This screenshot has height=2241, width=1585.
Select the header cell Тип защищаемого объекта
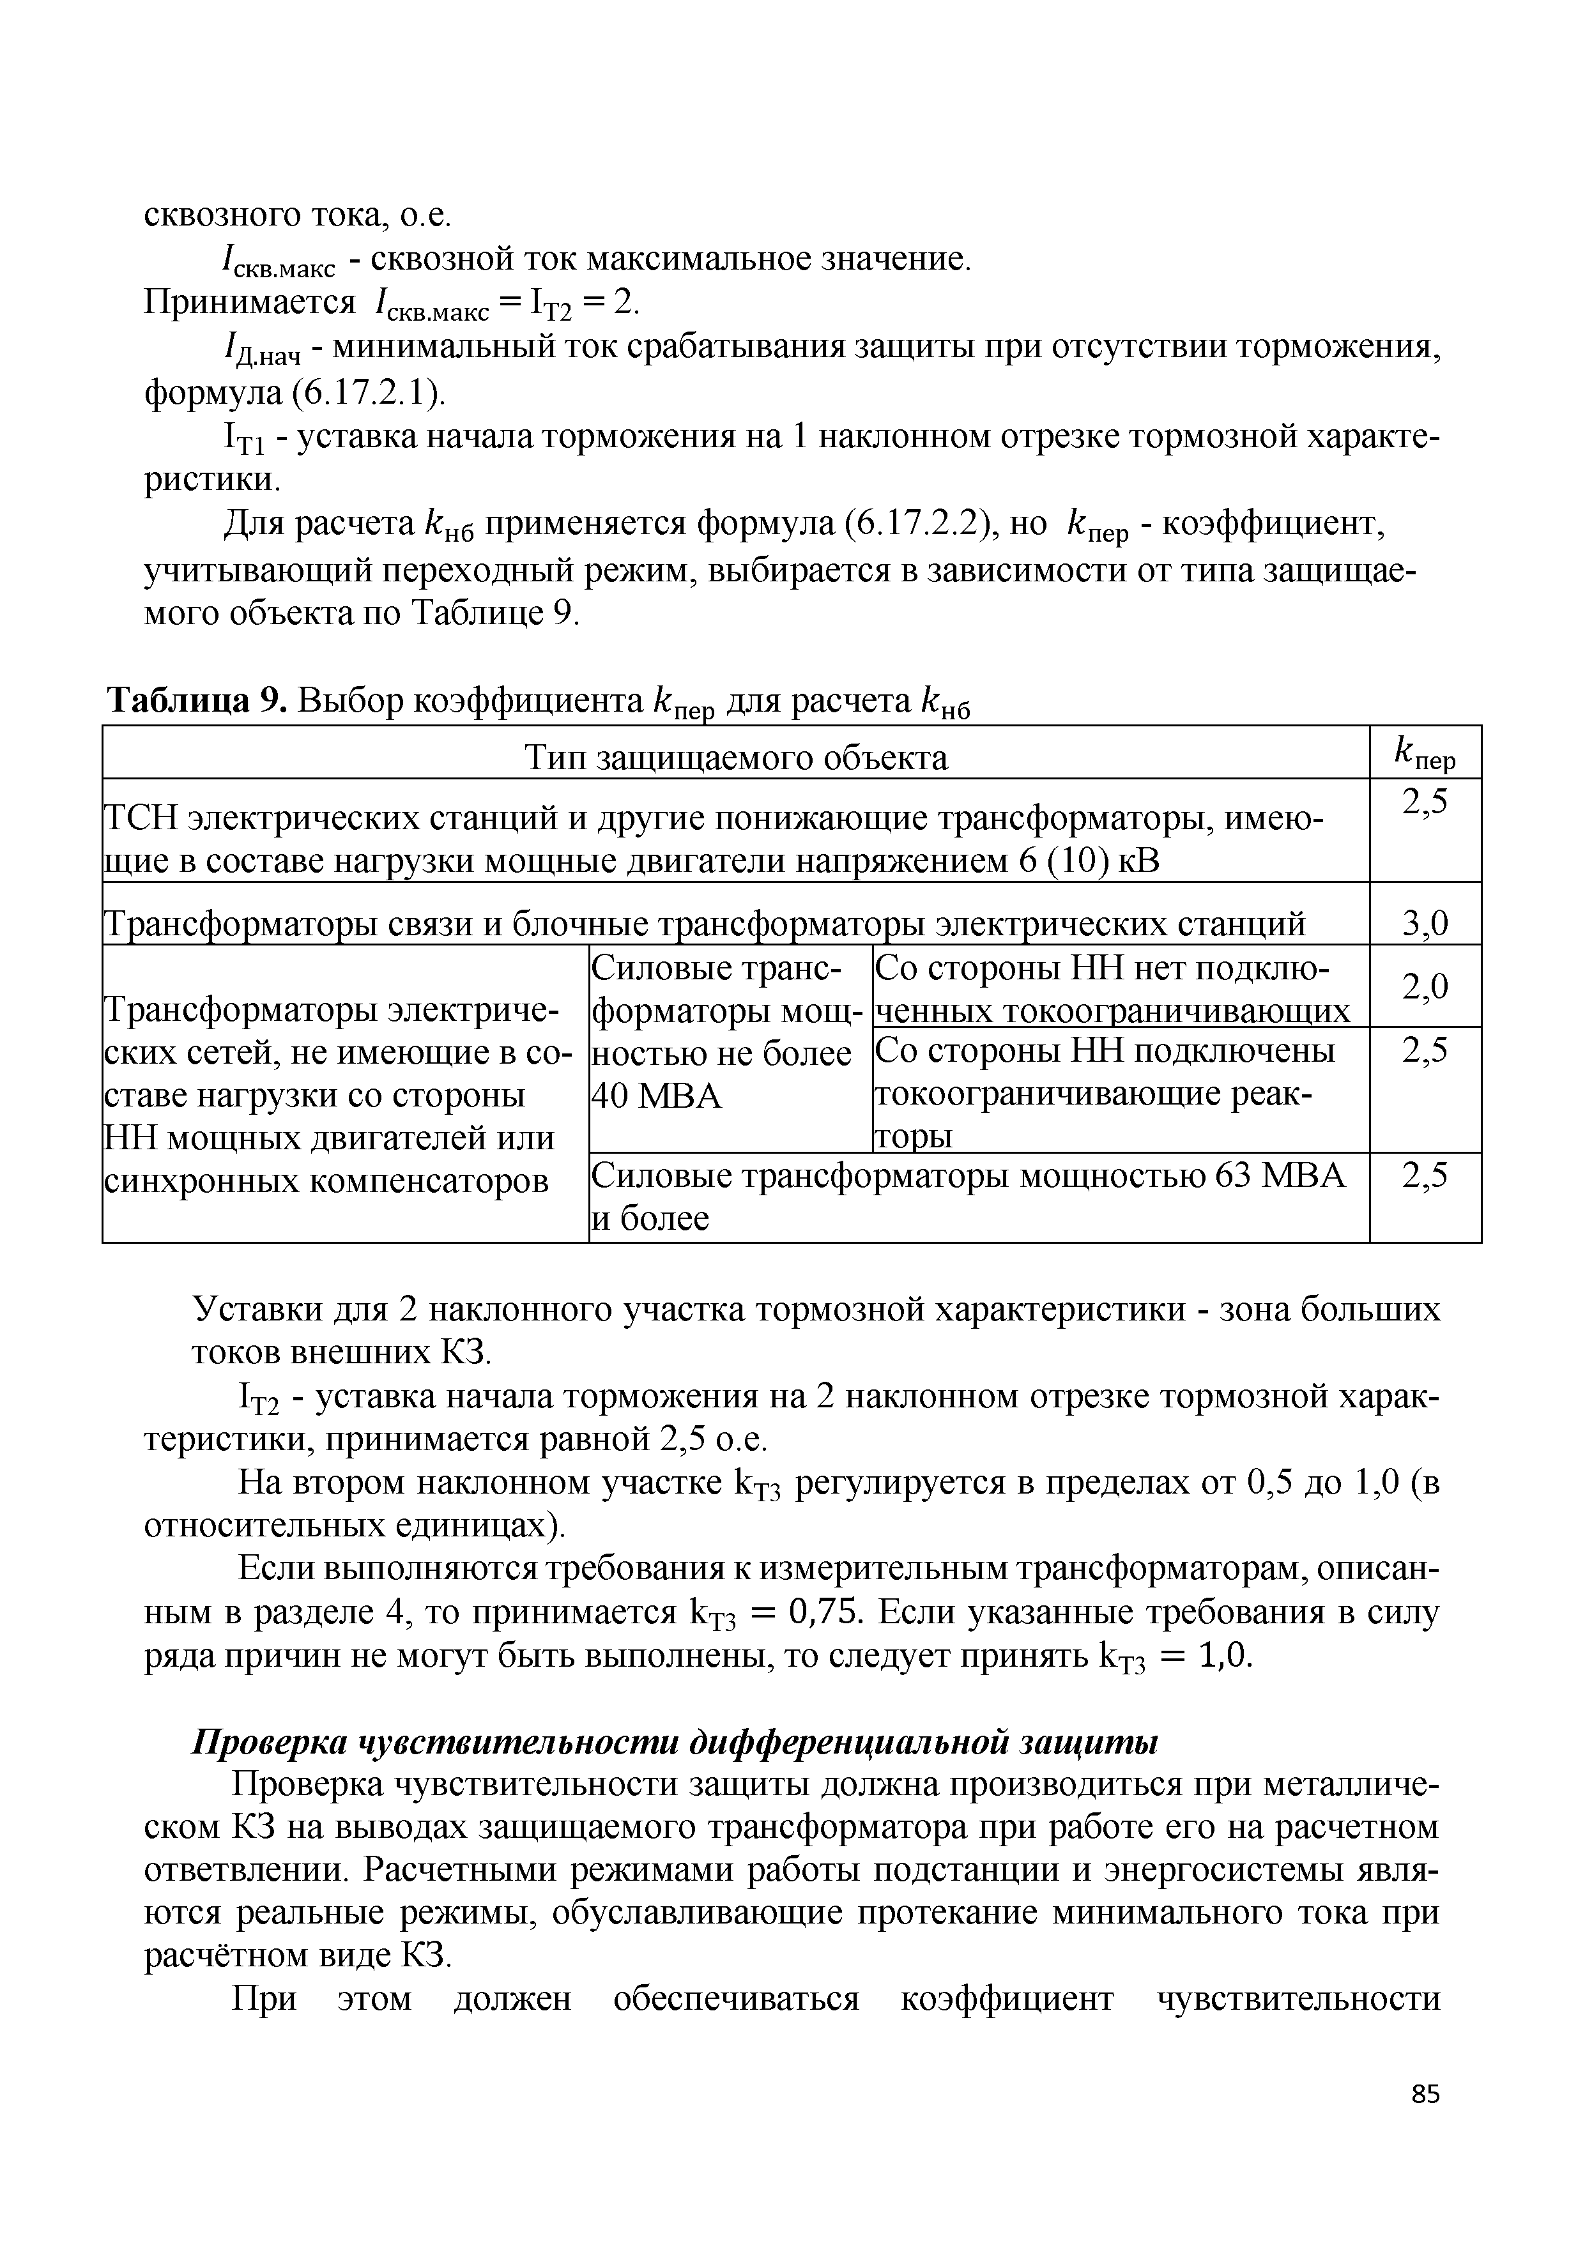click(x=736, y=758)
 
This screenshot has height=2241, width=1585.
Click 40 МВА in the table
click(x=657, y=1096)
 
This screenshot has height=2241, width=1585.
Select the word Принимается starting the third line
click(x=250, y=303)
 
